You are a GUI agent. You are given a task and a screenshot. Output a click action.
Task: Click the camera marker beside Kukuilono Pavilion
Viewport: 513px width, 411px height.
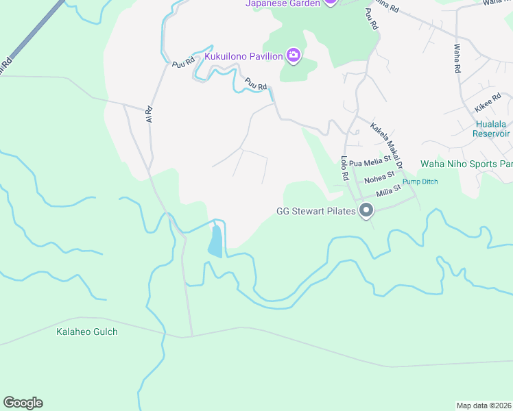294,55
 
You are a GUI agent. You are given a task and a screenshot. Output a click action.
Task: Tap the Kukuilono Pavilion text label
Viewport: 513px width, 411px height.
244,56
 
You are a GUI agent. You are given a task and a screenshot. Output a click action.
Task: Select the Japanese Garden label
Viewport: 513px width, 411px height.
283,3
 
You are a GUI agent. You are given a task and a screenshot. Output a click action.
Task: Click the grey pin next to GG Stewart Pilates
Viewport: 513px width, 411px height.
366,211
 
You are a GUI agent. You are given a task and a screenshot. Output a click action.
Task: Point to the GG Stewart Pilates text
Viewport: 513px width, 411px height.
316,211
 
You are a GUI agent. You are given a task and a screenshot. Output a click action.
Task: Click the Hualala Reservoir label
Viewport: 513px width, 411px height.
491,129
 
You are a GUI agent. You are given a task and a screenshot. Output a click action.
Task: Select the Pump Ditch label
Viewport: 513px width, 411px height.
420,182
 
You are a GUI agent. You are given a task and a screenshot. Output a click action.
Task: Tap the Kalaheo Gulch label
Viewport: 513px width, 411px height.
87,332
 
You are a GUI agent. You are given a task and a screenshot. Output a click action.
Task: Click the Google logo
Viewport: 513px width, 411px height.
23,403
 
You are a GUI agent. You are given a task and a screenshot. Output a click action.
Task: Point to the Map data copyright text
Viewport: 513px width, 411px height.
484,406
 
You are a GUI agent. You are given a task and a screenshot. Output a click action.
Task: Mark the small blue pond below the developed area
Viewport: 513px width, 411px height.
215,241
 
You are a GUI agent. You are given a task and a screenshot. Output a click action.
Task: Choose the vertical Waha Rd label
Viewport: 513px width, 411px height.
457,59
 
